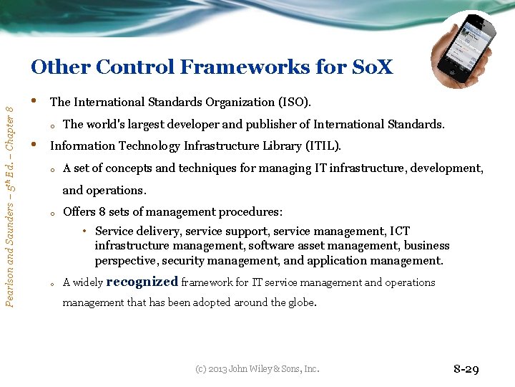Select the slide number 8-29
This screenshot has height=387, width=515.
click(x=466, y=370)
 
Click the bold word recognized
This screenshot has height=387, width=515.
click(x=142, y=282)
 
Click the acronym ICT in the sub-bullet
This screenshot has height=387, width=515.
click(x=399, y=231)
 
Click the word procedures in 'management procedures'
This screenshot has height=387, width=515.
click(x=254, y=212)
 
